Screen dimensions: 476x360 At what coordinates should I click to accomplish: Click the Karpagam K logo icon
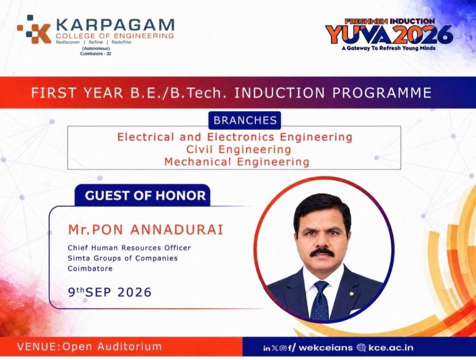(34, 29)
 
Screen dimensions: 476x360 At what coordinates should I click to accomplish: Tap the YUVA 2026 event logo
(389, 34)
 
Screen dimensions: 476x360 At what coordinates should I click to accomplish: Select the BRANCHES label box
(245, 120)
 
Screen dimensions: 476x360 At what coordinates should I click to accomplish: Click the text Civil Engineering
(238, 149)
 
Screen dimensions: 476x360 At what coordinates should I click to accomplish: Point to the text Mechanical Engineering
(237, 161)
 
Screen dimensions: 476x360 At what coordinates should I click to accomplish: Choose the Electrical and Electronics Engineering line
(235, 137)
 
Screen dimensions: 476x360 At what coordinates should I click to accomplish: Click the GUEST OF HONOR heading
(145, 195)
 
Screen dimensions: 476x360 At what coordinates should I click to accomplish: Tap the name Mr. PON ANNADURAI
(145, 230)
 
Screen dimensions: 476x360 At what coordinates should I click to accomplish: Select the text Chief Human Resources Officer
(129, 248)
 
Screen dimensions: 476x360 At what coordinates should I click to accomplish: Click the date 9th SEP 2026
(110, 292)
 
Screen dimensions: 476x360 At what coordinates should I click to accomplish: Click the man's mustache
(322, 252)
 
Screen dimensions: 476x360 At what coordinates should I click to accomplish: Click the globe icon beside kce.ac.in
(361, 347)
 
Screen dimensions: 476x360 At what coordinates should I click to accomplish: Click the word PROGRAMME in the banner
(382, 93)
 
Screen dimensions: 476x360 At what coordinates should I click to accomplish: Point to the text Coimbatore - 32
(96, 54)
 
